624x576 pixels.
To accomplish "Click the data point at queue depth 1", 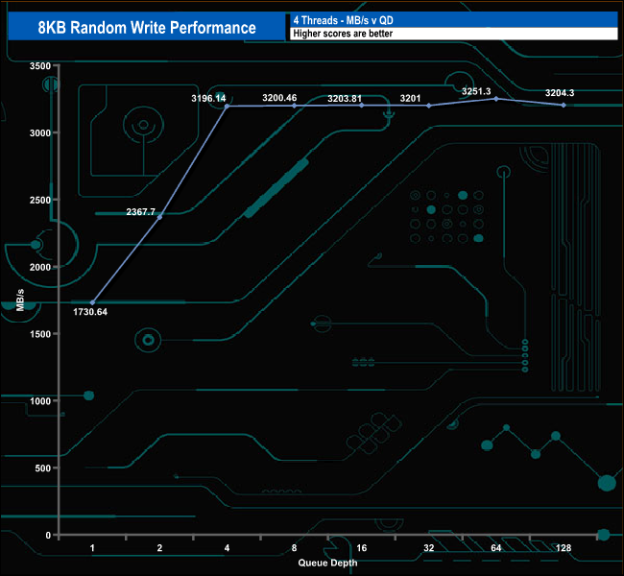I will coord(93,302).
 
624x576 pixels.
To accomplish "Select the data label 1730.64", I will coord(89,312).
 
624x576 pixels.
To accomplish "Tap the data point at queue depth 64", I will coord(496,99).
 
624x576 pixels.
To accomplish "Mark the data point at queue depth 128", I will coord(564,105).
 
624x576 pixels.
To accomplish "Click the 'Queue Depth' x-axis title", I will coord(328,562).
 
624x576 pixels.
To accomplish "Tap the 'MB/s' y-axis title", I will coord(20,300).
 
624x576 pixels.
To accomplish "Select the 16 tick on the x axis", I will coord(362,548).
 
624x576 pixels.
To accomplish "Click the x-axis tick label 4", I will coord(228,548).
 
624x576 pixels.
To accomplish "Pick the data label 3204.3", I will coord(561,93).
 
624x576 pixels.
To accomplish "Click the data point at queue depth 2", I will coord(160,217).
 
